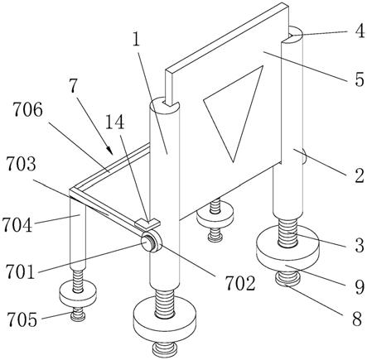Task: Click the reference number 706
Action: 28,111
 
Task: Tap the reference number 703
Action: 22,164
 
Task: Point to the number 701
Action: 21,271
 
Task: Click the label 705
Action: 22,319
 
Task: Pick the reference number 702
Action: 240,284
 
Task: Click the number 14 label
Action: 114,122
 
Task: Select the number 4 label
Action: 360,31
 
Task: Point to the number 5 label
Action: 360,79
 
